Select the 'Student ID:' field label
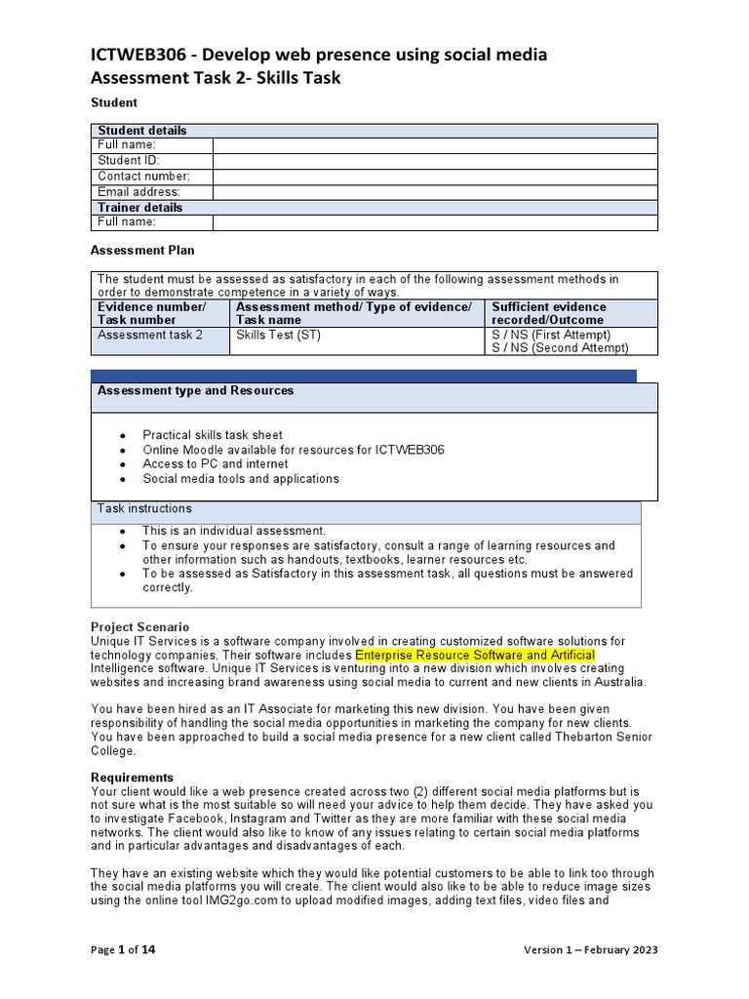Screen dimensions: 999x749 point(129,160)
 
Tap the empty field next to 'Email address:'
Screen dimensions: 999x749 point(435,192)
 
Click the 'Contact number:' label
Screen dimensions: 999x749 point(143,177)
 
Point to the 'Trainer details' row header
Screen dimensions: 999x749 point(139,207)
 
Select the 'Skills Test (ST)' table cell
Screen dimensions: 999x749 point(278,335)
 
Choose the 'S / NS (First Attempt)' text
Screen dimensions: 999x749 point(552,335)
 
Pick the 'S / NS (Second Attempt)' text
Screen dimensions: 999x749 point(560,348)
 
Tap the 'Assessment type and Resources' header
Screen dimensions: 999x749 point(195,390)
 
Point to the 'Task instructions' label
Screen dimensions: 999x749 point(144,509)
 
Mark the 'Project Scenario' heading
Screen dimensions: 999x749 point(140,626)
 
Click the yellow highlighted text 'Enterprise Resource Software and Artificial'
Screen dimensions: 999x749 point(475,654)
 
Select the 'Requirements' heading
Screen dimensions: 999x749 point(132,778)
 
